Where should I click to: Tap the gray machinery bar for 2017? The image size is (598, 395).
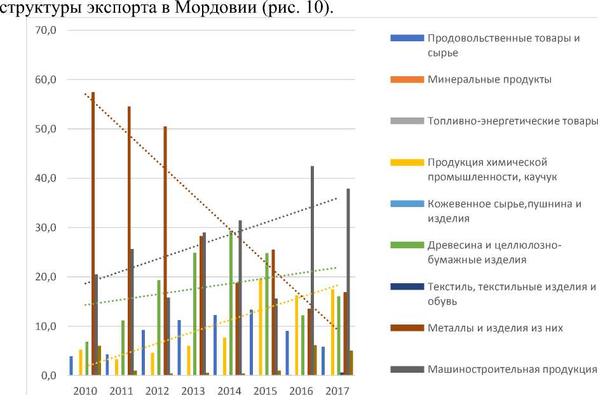coord(348,282)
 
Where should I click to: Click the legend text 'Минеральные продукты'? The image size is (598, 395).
coord(489,80)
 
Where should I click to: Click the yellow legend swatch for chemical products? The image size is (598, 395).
coord(406,163)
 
